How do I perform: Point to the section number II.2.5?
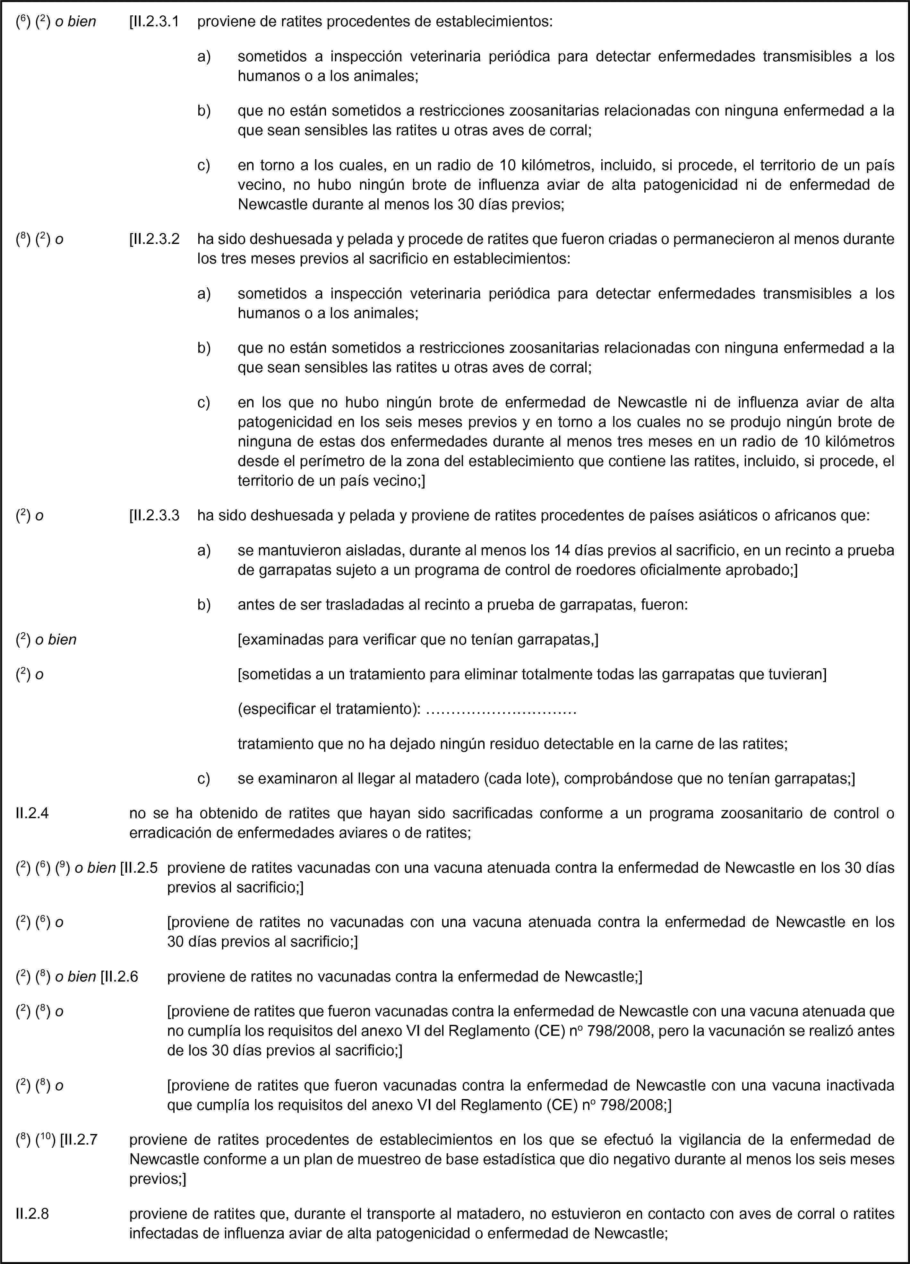[x=141, y=868]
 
